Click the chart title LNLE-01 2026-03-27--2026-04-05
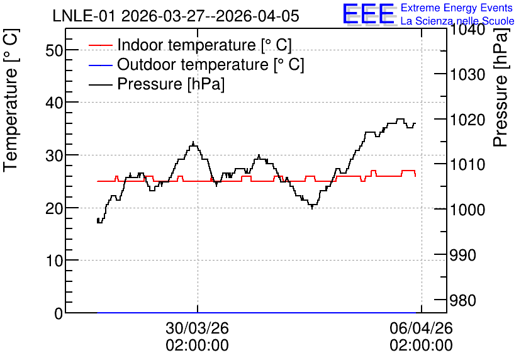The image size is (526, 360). [x=176, y=16]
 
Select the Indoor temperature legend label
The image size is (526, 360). [x=204, y=45]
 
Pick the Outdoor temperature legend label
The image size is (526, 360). [x=211, y=64]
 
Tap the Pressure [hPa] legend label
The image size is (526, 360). [x=171, y=84]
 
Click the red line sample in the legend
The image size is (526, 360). [x=100, y=45]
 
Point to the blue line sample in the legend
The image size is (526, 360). [x=100, y=65]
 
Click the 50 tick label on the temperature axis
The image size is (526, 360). [x=54, y=50]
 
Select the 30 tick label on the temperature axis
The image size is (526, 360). [x=54, y=155]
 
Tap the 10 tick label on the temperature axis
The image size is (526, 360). [x=54, y=261]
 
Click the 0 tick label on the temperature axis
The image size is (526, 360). [x=59, y=313]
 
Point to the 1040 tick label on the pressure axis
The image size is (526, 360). [x=467, y=30]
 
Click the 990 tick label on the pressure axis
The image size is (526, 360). [x=462, y=256]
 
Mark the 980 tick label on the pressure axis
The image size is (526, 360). [x=462, y=301]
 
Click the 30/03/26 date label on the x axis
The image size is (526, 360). [x=198, y=328]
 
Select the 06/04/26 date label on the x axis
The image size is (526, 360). [x=421, y=328]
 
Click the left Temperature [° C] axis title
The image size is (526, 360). [x=11, y=100]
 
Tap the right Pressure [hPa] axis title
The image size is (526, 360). [x=500, y=87]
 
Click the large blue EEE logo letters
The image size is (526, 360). [x=368, y=14]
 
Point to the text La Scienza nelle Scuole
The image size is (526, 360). [x=457, y=21]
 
